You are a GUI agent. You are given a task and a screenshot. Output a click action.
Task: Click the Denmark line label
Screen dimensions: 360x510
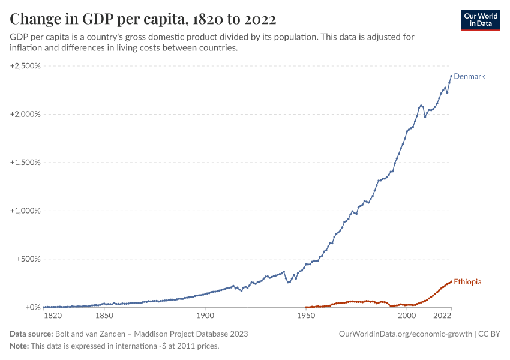click(469, 76)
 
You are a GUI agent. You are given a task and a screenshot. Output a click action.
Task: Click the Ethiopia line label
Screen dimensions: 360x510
click(467, 281)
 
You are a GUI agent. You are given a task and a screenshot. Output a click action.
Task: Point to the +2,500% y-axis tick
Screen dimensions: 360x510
click(25, 65)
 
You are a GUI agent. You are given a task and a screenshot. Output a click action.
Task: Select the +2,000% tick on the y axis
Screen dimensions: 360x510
click(25, 114)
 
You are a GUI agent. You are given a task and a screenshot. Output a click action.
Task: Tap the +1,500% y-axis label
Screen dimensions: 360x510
click(25, 163)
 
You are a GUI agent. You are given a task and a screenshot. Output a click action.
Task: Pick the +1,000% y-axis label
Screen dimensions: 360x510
click(25, 211)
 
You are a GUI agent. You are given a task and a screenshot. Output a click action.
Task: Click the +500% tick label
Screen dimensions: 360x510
click(28, 259)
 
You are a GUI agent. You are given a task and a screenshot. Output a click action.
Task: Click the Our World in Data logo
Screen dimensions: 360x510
click(481, 20)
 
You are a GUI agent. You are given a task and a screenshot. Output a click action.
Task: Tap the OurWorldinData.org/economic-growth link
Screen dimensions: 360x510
click(406, 334)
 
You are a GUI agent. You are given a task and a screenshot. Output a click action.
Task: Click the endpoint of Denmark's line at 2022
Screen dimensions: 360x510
click(451, 76)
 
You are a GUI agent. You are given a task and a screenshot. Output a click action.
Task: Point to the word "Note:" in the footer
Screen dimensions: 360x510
click(21, 346)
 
